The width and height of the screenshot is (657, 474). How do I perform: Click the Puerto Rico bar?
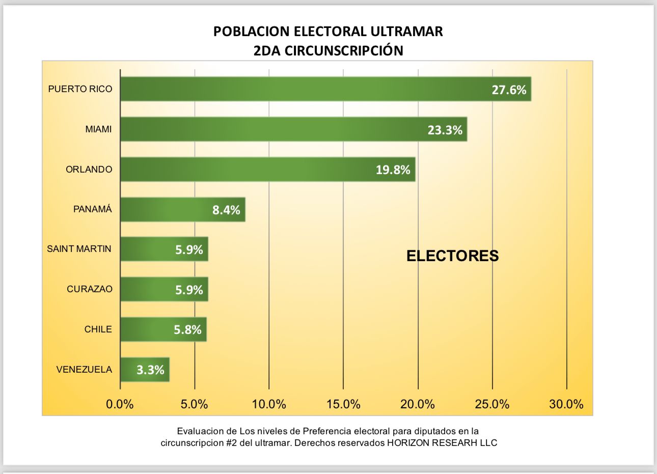306,89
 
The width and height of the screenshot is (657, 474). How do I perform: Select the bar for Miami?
275,129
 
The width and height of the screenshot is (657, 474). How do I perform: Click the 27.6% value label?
509,90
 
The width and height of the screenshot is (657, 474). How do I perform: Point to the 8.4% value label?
226,210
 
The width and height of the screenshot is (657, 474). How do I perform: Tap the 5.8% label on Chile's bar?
187,330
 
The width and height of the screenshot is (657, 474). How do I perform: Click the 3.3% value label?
150,370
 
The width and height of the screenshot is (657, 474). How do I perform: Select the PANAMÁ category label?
93,209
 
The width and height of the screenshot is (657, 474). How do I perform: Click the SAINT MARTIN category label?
79,249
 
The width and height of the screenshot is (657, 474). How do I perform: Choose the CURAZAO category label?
90,289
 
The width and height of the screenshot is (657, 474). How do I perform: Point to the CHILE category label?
98,329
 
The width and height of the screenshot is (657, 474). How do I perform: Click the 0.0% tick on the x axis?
120,405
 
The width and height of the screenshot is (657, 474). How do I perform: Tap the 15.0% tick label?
343,405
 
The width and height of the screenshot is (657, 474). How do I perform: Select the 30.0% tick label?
566,405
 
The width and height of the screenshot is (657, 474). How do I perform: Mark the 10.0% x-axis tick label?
269,405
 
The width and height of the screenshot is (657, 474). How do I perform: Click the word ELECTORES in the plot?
452,256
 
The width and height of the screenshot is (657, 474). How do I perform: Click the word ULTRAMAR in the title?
406,32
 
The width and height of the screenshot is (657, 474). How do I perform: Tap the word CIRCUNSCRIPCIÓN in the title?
344,51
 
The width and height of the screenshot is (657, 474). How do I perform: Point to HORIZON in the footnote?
408,443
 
